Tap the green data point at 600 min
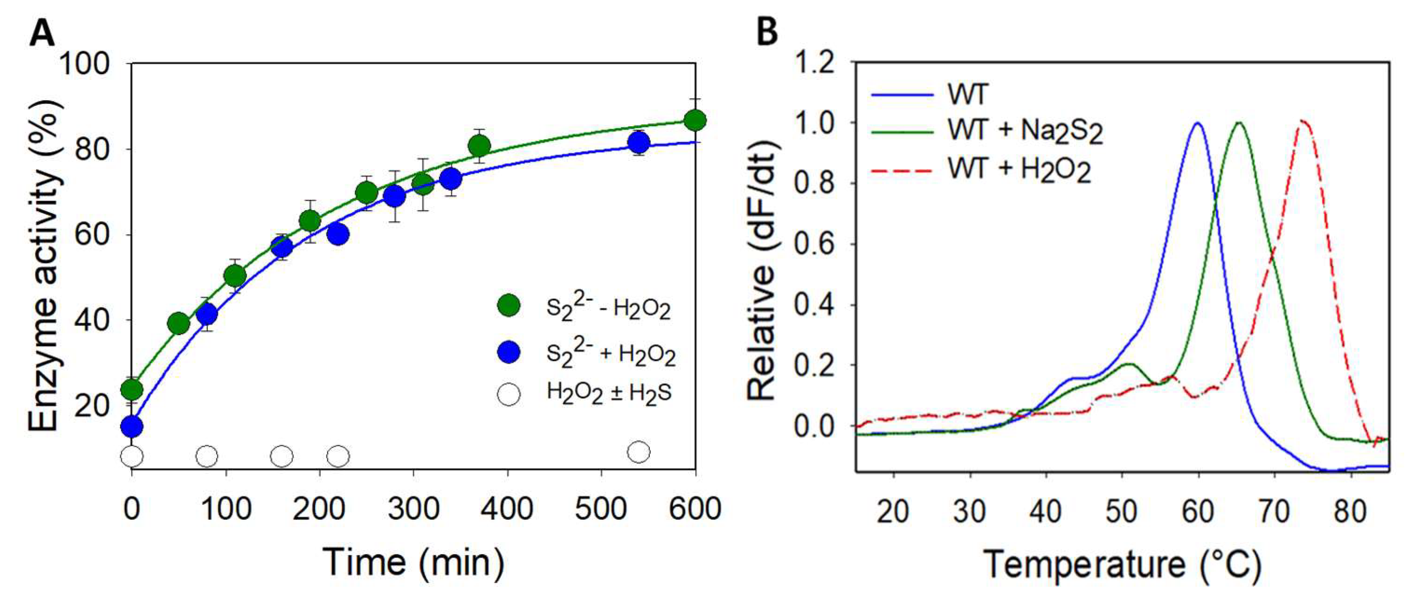696,120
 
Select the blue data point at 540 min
638,143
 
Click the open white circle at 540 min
638,451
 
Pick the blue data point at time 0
132,426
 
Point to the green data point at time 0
132,389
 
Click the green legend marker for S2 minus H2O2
508,305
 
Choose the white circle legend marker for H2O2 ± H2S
508,394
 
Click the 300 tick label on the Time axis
413,509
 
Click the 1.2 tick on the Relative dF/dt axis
817,64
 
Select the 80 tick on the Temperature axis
1350,511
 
